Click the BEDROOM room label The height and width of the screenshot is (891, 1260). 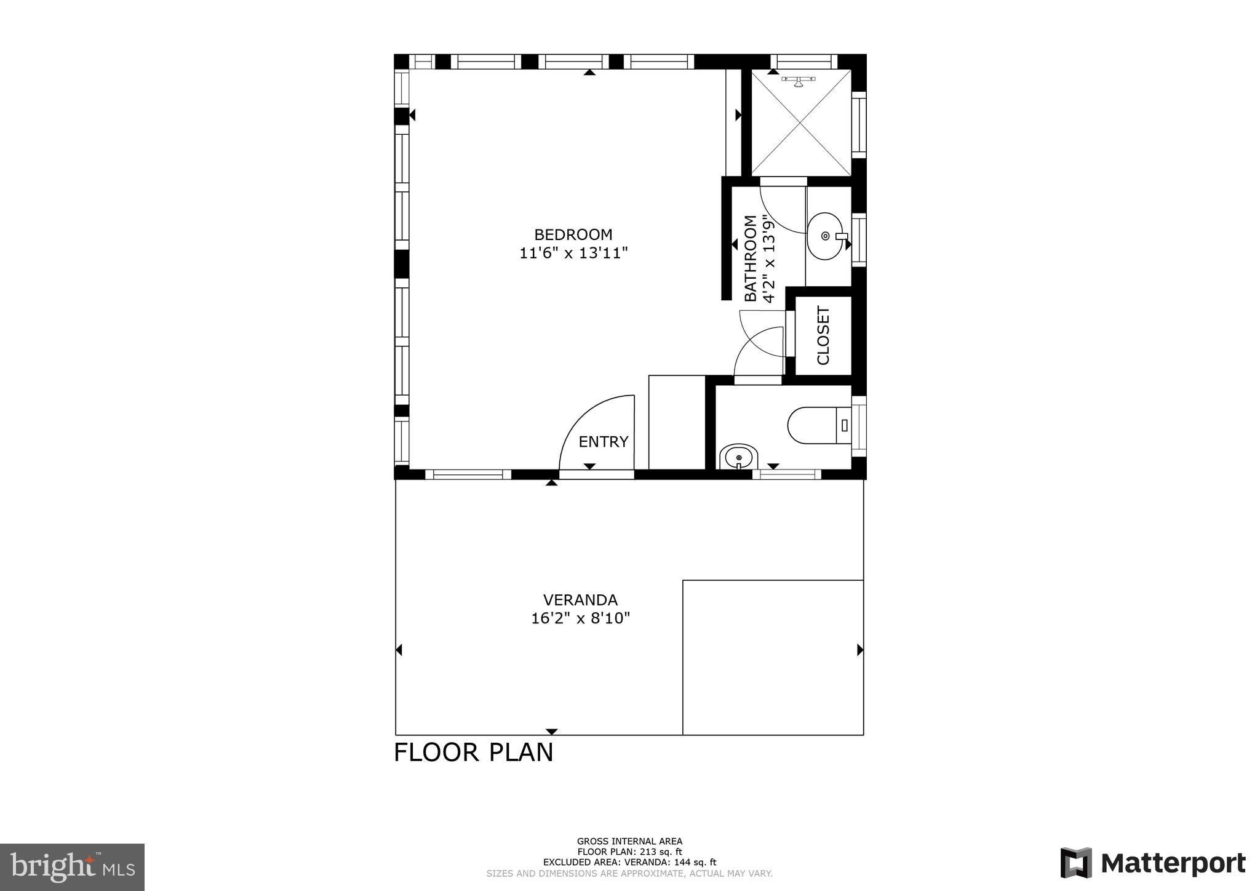tap(573, 234)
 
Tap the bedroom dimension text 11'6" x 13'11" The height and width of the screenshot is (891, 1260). tap(573, 253)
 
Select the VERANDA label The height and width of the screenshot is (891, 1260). tap(580, 600)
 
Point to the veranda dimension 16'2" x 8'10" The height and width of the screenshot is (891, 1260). tap(580, 618)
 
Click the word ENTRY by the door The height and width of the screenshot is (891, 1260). tap(603, 442)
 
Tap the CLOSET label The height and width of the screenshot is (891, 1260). tap(823, 335)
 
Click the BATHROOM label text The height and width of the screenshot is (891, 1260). tap(751, 258)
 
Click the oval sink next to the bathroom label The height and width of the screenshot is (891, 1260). tap(825, 236)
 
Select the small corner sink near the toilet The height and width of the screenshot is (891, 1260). tap(738, 457)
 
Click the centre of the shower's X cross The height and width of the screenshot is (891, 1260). tap(802, 123)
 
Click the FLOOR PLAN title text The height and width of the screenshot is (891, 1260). tap(473, 753)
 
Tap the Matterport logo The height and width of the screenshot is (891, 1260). tap(1152, 863)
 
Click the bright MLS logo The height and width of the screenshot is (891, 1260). tap(72, 868)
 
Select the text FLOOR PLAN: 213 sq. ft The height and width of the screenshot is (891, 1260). tap(629, 852)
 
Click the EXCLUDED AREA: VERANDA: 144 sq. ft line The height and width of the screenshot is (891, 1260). tap(629, 863)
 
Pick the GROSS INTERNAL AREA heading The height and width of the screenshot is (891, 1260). tap(629, 842)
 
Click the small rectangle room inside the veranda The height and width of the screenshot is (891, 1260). tap(773, 657)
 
